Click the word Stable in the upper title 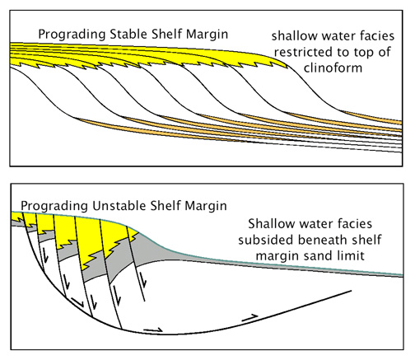(x=128, y=34)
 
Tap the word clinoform (x=333, y=68)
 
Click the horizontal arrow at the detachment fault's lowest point (x=153, y=330)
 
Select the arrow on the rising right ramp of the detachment (x=249, y=318)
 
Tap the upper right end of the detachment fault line (x=351, y=291)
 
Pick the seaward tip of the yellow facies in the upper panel (x=288, y=67)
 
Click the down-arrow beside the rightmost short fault (x=143, y=280)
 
